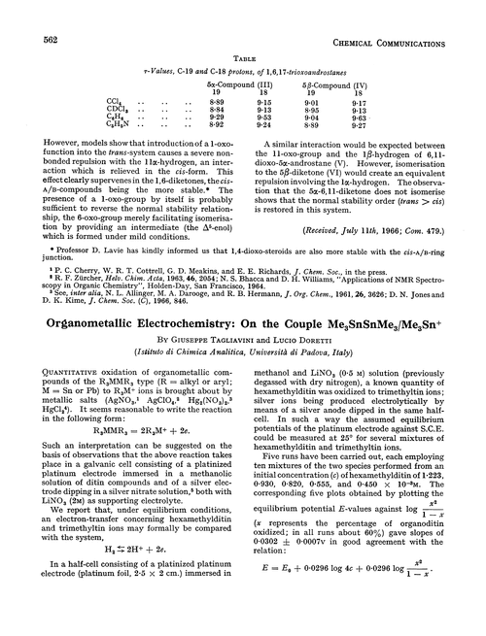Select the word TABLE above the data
(x=242, y=31)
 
